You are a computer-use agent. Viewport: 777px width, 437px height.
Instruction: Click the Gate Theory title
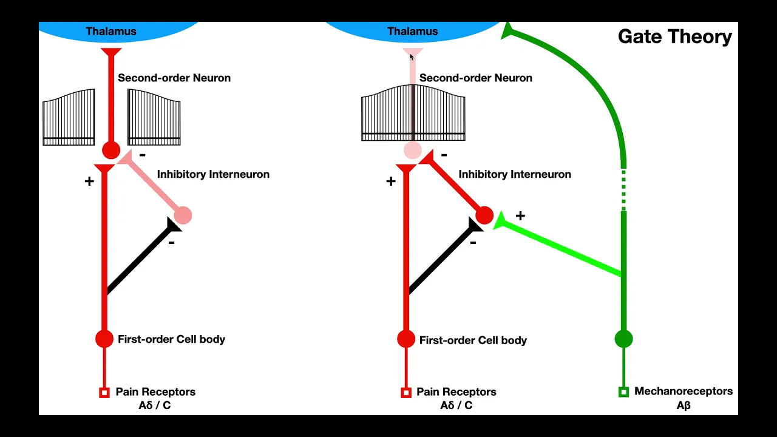(x=674, y=37)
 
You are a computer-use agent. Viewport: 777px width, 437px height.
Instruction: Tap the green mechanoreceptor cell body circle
(x=623, y=339)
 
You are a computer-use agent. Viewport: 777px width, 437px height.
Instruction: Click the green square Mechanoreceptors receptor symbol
(x=623, y=392)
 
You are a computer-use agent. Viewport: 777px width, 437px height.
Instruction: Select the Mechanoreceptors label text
(x=683, y=391)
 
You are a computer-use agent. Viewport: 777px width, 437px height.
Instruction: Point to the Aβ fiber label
(x=684, y=405)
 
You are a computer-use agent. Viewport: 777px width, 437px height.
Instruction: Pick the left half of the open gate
(x=69, y=117)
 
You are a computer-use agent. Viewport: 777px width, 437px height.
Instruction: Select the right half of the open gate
(x=154, y=117)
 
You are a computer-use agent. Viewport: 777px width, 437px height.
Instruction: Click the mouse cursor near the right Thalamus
(x=412, y=57)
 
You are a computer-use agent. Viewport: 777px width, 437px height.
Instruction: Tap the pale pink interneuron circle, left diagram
(x=183, y=215)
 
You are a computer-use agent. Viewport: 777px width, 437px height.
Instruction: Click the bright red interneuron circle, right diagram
(x=484, y=215)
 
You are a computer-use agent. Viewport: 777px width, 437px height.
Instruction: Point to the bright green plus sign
(x=520, y=216)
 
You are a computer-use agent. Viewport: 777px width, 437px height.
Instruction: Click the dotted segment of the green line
(x=623, y=189)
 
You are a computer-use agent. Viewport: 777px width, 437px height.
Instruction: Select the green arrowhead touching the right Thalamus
(x=507, y=32)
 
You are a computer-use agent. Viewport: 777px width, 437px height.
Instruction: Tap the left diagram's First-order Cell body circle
(x=104, y=339)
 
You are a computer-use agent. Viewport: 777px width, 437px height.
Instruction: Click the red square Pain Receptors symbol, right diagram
(x=406, y=393)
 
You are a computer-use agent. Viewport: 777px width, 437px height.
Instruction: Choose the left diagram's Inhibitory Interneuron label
(x=213, y=174)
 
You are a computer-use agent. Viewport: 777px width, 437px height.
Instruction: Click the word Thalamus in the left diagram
(x=111, y=32)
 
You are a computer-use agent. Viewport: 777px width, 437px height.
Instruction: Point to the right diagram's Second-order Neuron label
(x=475, y=78)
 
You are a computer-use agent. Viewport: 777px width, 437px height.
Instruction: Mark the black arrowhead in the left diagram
(x=172, y=226)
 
